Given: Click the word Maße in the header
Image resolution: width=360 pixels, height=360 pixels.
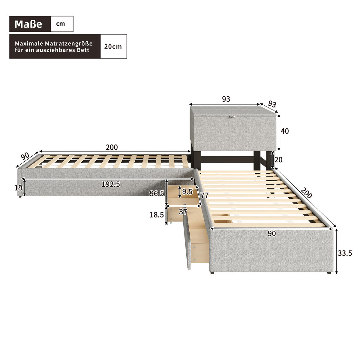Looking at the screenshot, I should coord(28,24).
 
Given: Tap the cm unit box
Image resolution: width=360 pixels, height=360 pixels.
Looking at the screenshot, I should coord(61,24).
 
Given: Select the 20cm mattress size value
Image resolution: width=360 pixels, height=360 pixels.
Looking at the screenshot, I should coord(113,46).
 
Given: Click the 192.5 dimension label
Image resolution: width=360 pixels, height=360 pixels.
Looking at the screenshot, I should coord(111,184).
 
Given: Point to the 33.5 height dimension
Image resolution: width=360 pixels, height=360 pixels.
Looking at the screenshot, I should coord(345,253).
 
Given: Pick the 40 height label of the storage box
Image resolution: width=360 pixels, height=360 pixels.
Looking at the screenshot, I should coord(285,131).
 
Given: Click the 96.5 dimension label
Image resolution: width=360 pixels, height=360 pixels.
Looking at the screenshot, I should coord(157,193).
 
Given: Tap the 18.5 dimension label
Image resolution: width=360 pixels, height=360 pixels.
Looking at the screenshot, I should coord(157,215).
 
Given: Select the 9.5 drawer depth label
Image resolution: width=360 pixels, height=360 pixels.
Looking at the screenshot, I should coord(187,192).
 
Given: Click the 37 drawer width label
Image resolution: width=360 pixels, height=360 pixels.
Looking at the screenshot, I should coord(183,212).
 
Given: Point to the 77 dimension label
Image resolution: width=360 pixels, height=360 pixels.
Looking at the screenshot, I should coord(205,196).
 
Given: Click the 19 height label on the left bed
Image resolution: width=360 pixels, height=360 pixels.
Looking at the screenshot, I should coord(19,188).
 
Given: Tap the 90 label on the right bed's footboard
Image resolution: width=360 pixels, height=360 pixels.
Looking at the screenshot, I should coord(271,234).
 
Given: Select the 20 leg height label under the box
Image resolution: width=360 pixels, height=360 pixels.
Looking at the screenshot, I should coord(278,160).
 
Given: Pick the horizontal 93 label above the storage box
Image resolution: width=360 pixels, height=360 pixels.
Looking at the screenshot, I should coord(226,99).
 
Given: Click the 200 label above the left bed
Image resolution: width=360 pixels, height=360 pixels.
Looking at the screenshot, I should coord(112,147).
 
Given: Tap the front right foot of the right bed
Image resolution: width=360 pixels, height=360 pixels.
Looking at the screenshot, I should coord(329,273).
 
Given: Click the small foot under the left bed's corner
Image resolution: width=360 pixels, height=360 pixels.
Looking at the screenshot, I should coord(20,197).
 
